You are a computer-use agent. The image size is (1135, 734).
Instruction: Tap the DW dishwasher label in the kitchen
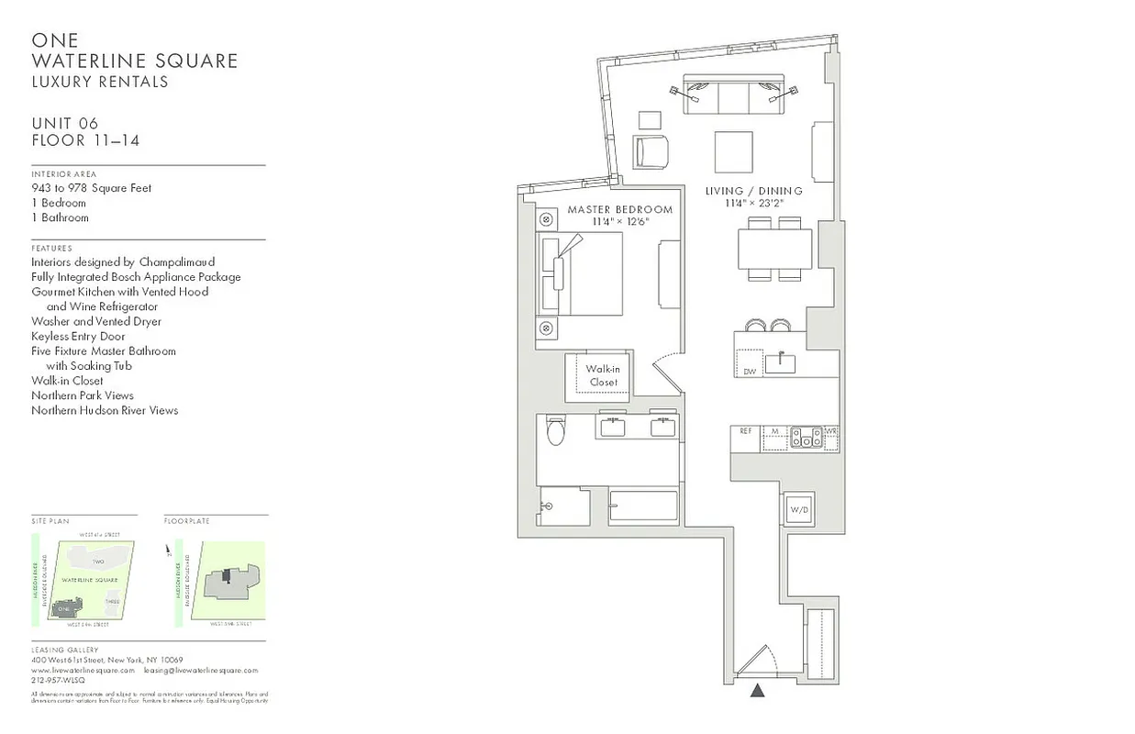click(750, 371)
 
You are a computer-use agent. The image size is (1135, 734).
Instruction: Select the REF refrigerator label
click(745, 431)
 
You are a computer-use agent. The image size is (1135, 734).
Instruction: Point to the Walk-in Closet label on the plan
click(603, 375)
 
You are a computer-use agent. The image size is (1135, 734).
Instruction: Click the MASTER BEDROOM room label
click(619, 210)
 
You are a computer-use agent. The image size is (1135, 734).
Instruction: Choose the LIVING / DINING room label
click(753, 191)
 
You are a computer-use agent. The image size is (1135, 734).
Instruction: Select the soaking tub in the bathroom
click(643, 506)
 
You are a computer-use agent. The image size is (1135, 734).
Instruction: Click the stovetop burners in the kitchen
click(807, 438)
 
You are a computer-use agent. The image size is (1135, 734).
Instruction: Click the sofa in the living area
click(731, 96)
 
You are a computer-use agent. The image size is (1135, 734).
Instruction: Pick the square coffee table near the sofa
click(733, 151)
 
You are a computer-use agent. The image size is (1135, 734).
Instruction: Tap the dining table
click(774, 248)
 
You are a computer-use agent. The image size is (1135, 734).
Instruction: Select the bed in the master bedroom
click(581, 273)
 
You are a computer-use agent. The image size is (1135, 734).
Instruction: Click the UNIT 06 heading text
click(64, 124)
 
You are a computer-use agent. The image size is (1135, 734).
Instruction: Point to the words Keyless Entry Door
click(78, 337)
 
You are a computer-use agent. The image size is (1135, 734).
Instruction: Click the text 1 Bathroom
click(60, 217)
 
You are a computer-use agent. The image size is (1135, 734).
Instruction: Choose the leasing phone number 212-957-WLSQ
click(58, 681)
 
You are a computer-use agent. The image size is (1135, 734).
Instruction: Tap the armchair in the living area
click(651, 151)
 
